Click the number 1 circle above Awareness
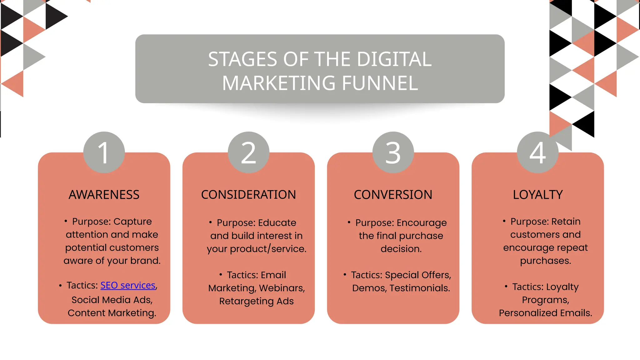click(x=104, y=152)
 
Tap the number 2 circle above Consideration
click(x=248, y=152)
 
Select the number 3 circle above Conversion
click(x=393, y=152)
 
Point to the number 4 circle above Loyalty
click(x=537, y=152)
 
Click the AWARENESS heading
click(x=104, y=195)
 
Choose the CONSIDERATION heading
click(x=248, y=195)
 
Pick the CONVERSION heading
click(x=393, y=195)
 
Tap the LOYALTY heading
click(x=537, y=195)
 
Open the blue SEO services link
click(x=128, y=285)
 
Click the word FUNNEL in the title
click(x=380, y=83)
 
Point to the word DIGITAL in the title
click(x=394, y=59)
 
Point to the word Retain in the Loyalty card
click(x=566, y=222)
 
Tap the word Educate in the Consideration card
click(x=277, y=223)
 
